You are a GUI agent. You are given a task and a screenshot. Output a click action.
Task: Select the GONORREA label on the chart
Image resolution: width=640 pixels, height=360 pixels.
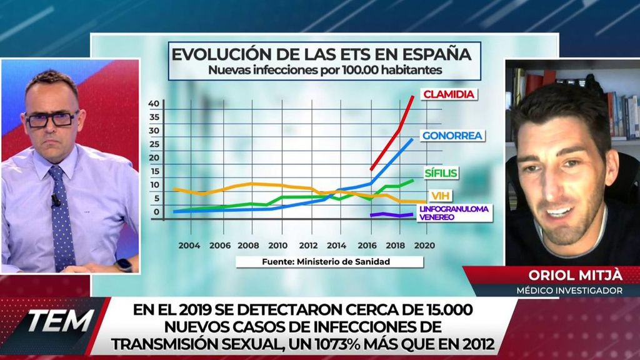(x=453, y=136)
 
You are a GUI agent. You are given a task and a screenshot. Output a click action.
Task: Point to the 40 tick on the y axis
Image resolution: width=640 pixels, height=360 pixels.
(x=154, y=103)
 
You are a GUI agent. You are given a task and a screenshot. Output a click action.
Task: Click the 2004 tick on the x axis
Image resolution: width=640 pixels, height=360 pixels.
(x=189, y=246)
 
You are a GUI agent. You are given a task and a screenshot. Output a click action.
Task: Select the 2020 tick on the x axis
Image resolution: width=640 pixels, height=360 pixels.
(x=424, y=246)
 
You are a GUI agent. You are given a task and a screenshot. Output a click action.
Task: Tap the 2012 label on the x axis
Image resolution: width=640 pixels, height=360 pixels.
(x=307, y=246)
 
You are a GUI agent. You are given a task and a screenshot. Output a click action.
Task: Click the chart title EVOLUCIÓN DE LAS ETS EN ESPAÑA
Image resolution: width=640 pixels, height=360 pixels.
(x=322, y=53)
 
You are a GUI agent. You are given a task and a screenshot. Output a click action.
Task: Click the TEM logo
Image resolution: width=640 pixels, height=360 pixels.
(x=59, y=321)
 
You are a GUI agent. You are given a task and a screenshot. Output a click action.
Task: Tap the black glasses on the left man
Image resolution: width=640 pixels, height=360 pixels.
(x=52, y=119)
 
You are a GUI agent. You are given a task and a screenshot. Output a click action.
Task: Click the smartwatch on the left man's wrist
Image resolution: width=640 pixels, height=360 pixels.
(x=124, y=265)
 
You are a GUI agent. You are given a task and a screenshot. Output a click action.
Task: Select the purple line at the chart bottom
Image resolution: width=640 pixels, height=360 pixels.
(x=391, y=215)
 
